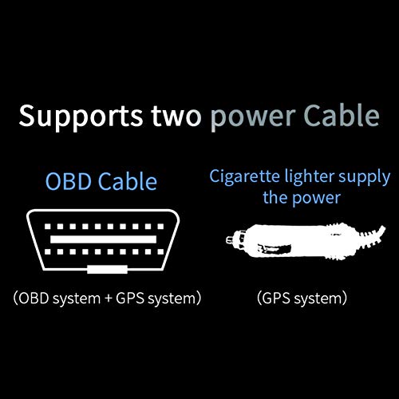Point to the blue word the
pyautogui.click(x=275, y=196)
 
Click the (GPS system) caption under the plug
pyautogui.click(x=301, y=300)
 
